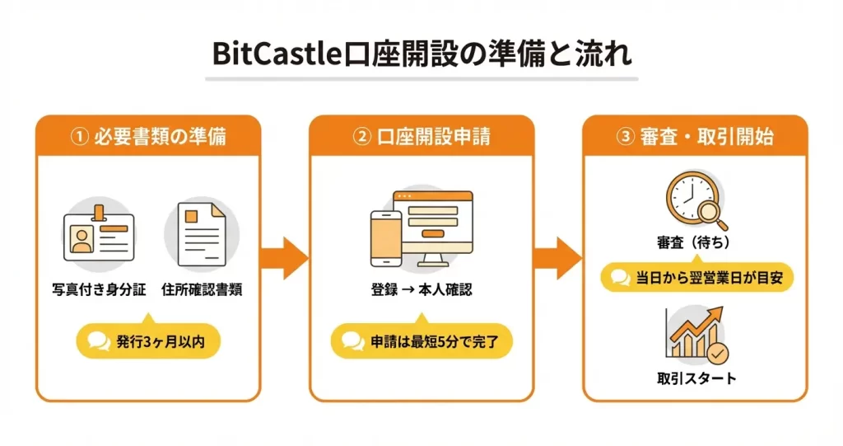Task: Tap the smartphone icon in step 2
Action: point(385,238)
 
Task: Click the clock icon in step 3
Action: point(689,199)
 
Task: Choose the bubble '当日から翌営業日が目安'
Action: point(696,278)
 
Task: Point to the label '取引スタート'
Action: point(696,378)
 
